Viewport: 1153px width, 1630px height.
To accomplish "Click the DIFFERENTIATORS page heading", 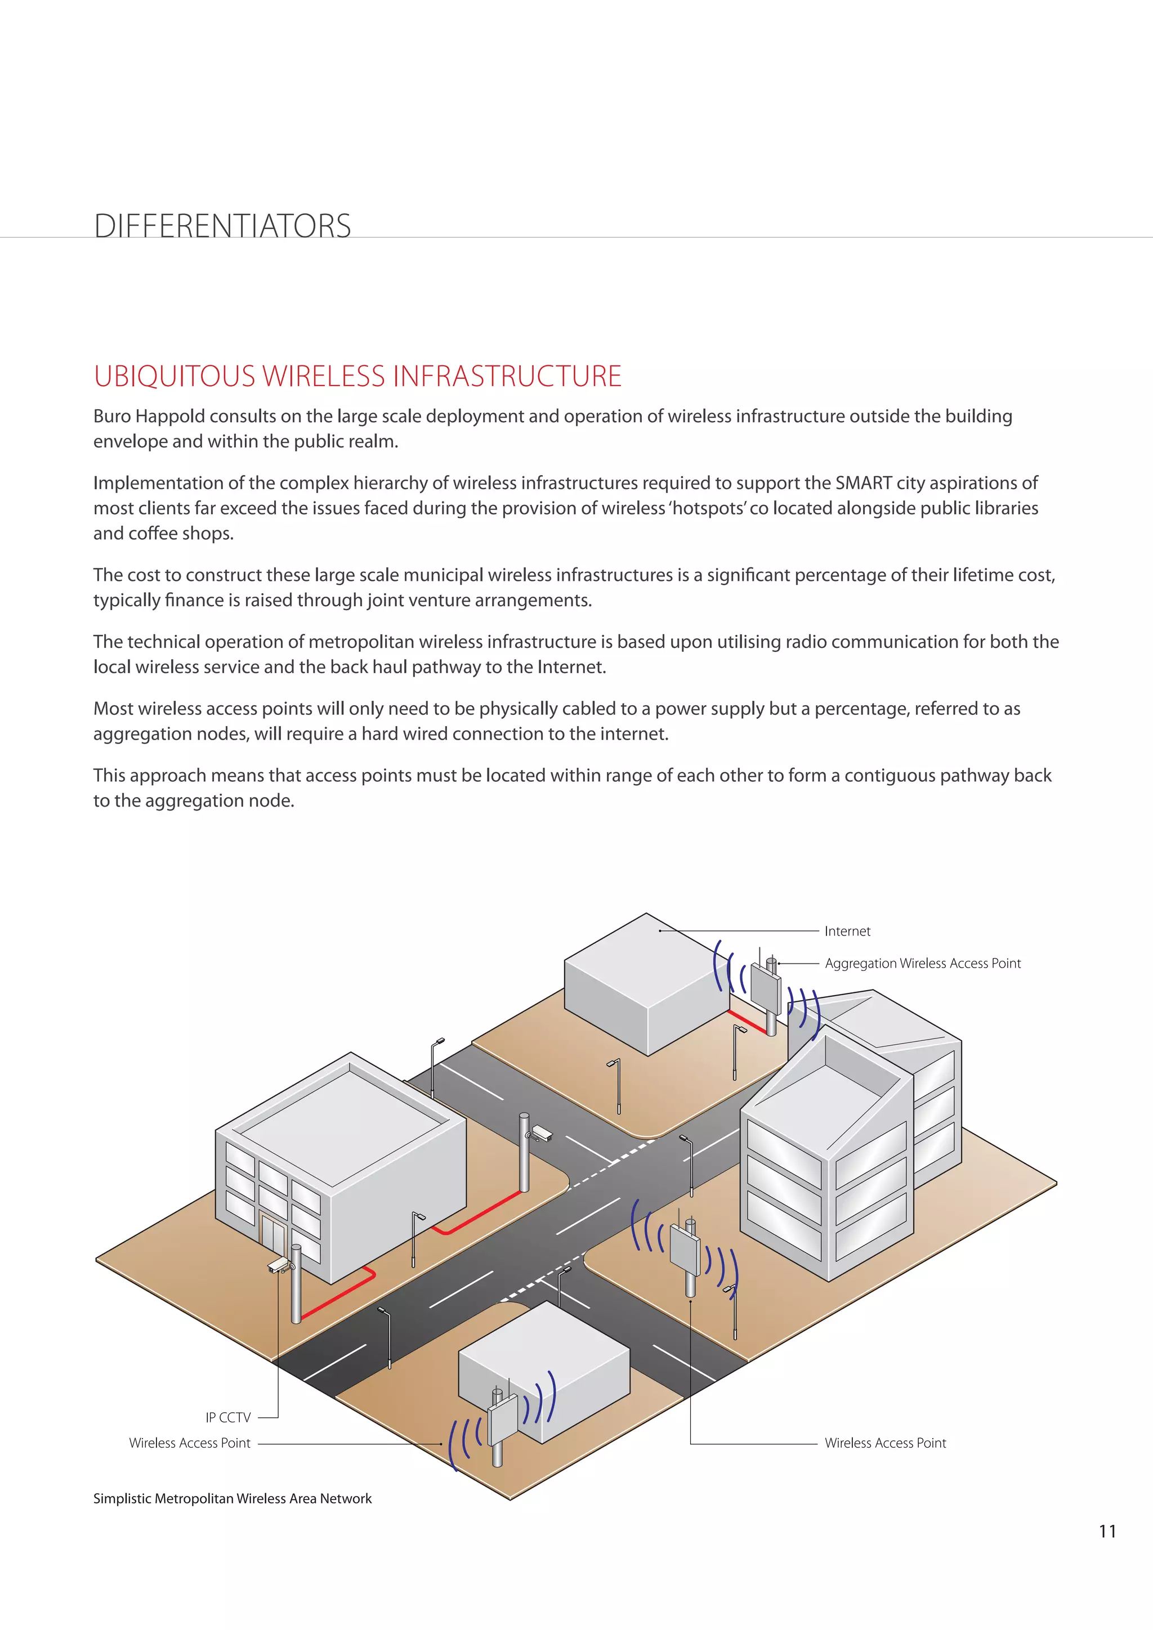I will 222,226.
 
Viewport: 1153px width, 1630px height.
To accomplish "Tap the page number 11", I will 1107,1532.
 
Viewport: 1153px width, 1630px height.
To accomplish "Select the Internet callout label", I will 847,931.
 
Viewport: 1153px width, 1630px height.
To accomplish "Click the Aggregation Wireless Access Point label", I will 922,964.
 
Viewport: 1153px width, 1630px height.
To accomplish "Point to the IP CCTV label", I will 228,1418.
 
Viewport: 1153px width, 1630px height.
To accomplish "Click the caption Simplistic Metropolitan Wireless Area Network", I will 232,1499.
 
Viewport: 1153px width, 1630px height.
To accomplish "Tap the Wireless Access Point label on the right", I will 884,1443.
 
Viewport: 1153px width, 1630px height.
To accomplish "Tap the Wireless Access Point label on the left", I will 190,1443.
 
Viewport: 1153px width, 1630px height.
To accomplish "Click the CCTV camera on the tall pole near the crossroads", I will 542,1133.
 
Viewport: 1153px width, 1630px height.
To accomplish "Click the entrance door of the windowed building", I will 272,1234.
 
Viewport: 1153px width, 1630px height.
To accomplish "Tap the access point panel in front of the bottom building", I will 503,1420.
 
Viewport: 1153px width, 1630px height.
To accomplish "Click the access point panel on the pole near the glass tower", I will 685,1252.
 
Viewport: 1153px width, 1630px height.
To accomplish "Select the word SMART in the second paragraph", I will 863,483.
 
